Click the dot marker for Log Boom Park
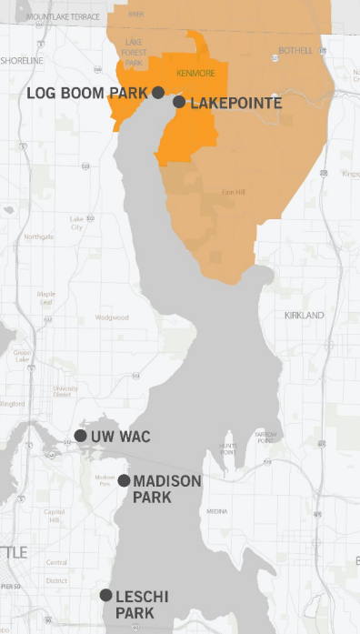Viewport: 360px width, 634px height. point(158,92)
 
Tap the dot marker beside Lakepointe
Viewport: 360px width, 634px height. point(179,102)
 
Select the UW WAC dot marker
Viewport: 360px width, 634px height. point(81,436)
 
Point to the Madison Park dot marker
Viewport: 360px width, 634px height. point(123,480)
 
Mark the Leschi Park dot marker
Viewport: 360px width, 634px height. point(106,595)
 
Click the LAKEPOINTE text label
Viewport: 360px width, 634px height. point(235,104)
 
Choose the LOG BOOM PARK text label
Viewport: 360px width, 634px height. point(87,93)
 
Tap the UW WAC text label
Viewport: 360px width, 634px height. point(121,437)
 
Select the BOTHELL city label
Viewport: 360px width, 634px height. point(295,50)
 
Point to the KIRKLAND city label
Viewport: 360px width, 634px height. point(304,315)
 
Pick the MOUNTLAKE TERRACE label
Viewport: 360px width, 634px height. point(64,17)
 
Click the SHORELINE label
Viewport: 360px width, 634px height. point(22,60)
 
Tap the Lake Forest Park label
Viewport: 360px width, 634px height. point(134,54)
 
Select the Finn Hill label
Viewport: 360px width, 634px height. point(234,192)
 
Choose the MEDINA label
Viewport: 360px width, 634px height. point(217,512)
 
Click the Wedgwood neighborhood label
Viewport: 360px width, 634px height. point(112,317)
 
